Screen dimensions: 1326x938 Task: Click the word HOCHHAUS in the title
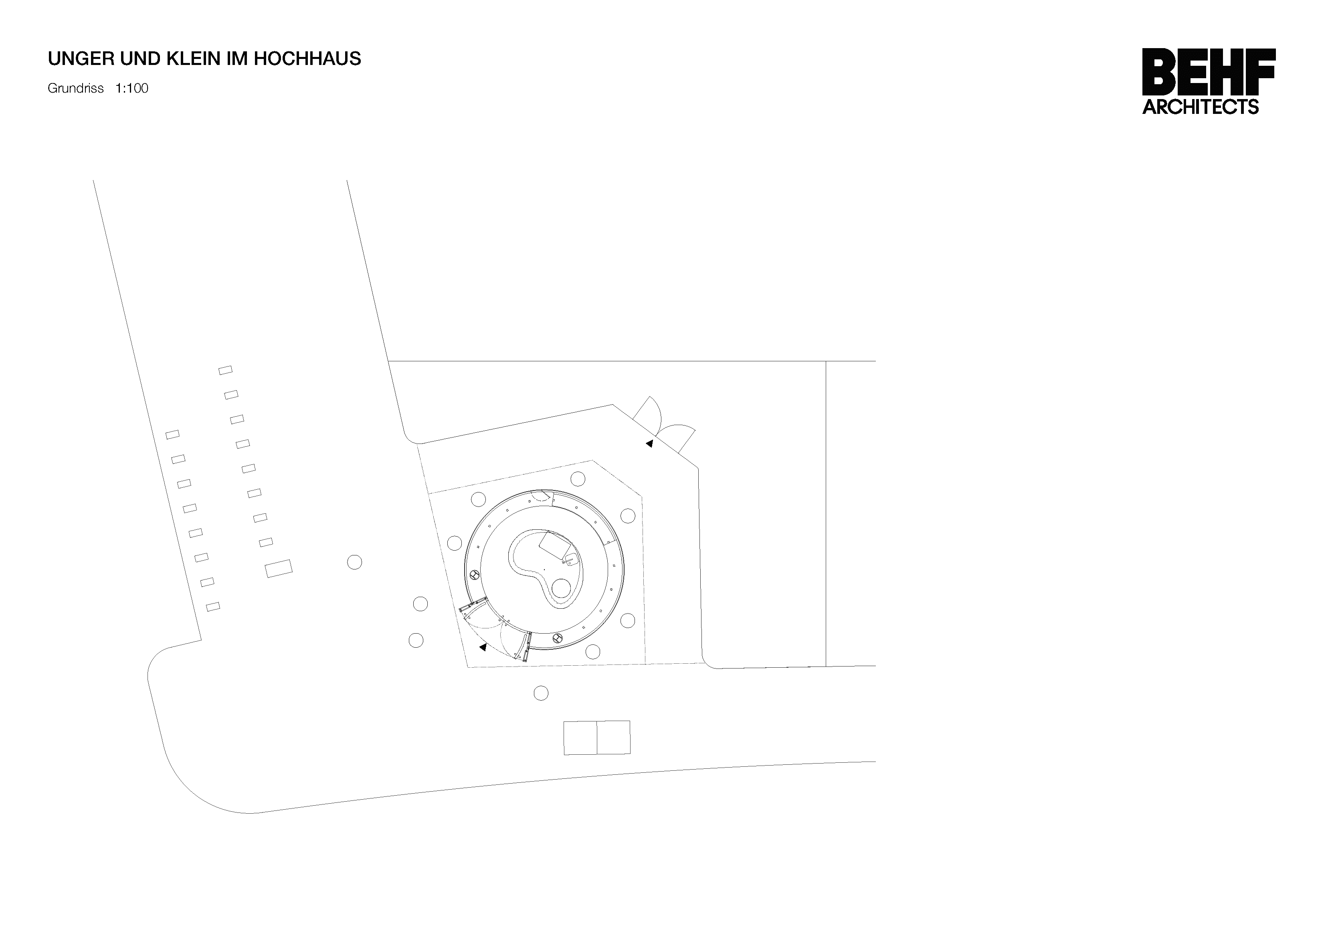point(307,59)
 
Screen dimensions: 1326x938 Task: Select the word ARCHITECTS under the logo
point(1201,107)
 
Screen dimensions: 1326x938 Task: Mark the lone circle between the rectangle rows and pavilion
point(355,562)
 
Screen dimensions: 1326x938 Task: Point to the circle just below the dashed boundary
point(541,693)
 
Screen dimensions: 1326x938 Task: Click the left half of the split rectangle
point(580,737)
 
